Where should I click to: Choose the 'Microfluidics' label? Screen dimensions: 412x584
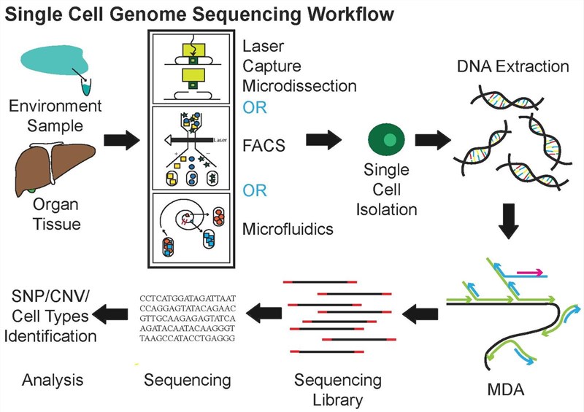point(288,229)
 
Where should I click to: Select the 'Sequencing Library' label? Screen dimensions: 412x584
point(337,389)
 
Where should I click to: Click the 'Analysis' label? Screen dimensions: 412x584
point(53,380)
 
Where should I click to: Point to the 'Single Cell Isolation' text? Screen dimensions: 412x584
point(391,191)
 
